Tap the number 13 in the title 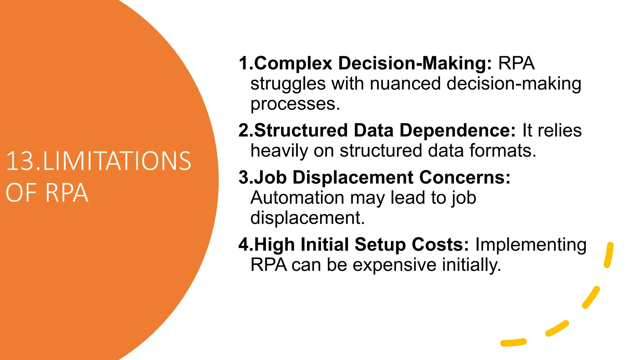(x=21, y=161)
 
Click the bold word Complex (x=293, y=63)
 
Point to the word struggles (x=287, y=84)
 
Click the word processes (x=295, y=104)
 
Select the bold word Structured (x=301, y=130)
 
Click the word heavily (x=279, y=151)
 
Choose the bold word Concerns (x=465, y=177)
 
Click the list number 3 (x=243, y=177)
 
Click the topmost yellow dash (x=609, y=255)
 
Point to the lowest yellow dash (x=513, y=342)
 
